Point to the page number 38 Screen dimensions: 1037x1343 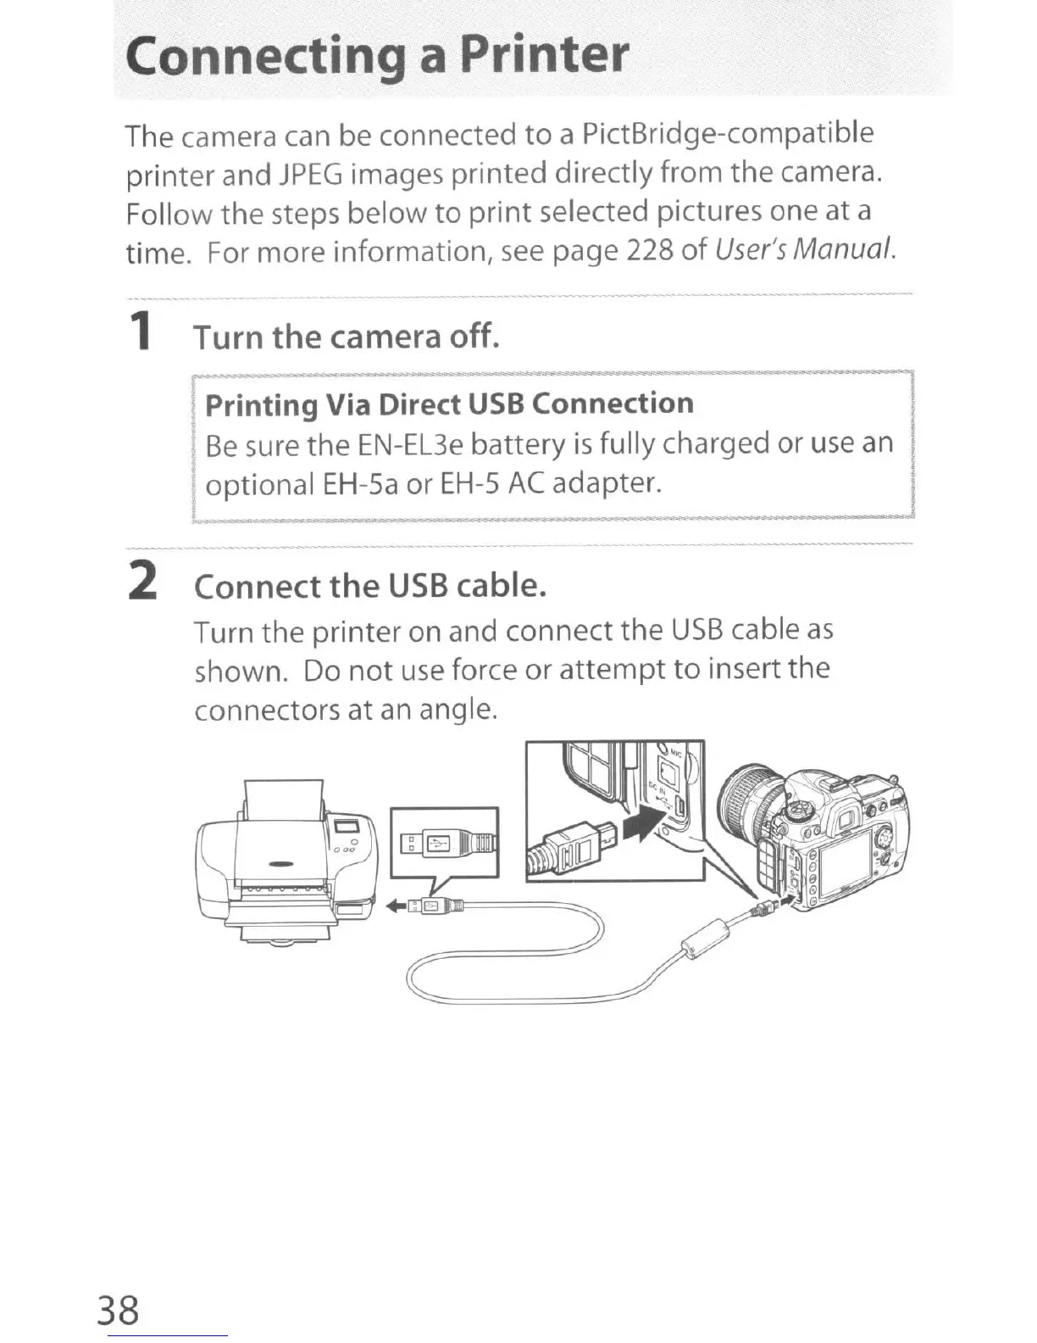[118, 1309]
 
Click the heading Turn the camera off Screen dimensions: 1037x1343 [347, 337]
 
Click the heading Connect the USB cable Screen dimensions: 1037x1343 [370, 586]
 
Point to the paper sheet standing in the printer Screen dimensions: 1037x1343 [284, 802]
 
